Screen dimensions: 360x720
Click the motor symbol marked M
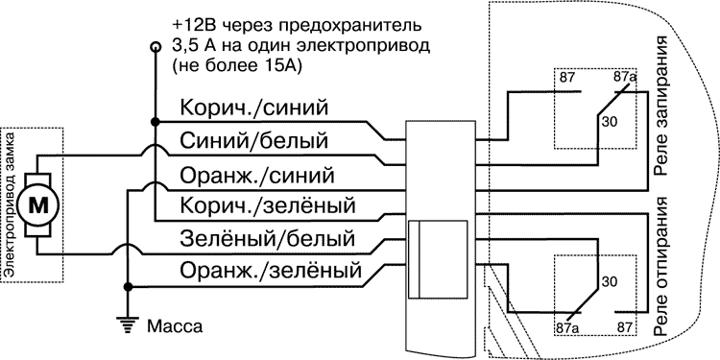[40, 204]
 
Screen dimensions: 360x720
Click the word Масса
[174, 325]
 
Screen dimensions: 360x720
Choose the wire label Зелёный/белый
[267, 237]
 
